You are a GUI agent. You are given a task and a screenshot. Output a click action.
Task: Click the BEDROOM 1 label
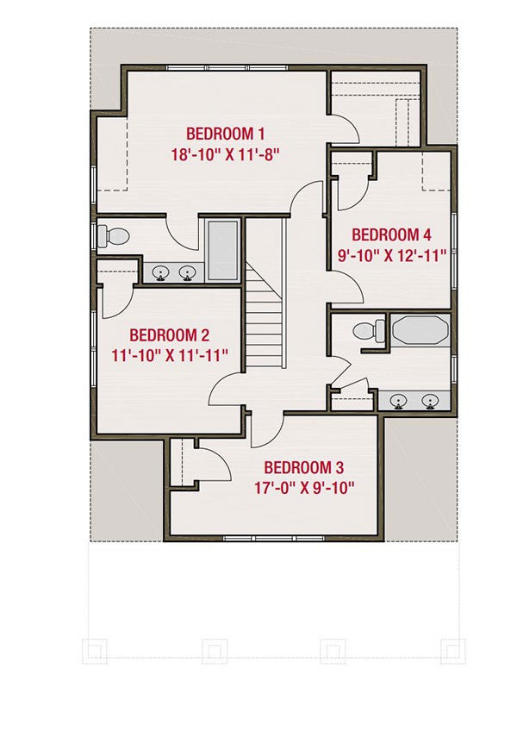pyautogui.click(x=226, y=134)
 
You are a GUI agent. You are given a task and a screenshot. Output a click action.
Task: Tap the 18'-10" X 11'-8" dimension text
pyautogui.click(x=226, y=154)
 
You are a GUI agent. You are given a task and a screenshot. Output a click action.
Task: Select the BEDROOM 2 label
pyautogui.click(x=169, y=335)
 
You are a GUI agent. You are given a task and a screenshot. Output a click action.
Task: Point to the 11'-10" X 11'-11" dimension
pyautogui.click(x=170, y=355)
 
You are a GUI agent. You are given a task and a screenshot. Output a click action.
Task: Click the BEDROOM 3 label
pyautogui.click(x=303, y=468)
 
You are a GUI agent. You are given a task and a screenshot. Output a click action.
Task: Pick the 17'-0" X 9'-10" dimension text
pyautogui.click(x=304, y=488)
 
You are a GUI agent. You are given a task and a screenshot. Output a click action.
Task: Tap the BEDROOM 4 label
pyautogui.click(x=391, y=234)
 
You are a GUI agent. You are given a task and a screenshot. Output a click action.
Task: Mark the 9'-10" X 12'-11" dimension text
pyautogui.click(x=392, y=256)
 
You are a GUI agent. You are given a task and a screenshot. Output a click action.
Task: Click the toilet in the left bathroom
pyautogui.click(x=113, y=236)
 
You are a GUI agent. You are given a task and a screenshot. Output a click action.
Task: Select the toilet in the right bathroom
pyautogui.click(x=369, y=330)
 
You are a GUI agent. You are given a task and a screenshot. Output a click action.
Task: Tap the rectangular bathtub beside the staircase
pyautogui.click(x=223, y=251)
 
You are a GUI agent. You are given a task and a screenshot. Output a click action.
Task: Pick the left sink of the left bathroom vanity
pyautogui.click(x=161, y=273)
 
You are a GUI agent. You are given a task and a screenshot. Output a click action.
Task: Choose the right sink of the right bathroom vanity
pyautogui.click(x=430, y=402)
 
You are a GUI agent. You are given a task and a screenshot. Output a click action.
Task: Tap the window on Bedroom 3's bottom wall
pyautogui.click(x=273, y=538)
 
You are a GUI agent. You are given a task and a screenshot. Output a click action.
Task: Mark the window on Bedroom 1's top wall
pyautogui.click(x=227, y=68)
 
